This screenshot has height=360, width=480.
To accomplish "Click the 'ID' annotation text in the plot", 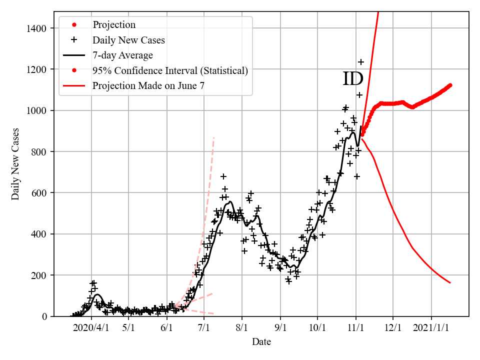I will point(353,79).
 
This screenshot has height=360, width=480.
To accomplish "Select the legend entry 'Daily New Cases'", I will point(128,40).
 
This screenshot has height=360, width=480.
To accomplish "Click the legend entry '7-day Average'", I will point(122,55).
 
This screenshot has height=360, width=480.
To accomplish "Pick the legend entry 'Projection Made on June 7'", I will point(148,86).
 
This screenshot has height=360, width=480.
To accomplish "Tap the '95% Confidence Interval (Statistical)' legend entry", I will point(170,70).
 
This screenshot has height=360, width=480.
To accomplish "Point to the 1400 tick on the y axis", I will point(38,28).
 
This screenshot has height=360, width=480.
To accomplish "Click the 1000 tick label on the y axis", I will point(38,110).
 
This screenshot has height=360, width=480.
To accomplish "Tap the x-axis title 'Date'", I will point(261,342).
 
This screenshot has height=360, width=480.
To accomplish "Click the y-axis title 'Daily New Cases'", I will point(16,164).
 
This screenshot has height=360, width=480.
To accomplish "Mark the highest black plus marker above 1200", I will point(361,62).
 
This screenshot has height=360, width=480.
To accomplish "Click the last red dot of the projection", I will point(450,85).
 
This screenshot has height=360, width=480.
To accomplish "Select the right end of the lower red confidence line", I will point(450,283).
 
